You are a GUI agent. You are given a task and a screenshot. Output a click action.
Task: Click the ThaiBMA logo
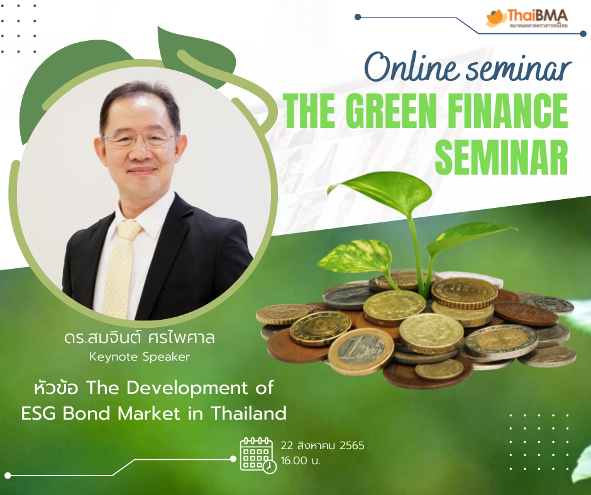[526, 18]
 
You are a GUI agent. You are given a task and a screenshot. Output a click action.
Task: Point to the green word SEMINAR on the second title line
[501, 157]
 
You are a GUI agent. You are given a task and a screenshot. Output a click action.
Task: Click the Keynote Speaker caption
[140, 357]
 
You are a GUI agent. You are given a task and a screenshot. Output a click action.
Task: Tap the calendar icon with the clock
[258, 455]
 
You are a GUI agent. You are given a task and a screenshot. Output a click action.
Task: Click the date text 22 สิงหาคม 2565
[323, 445]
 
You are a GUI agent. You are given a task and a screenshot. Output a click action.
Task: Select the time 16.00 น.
[301, 460]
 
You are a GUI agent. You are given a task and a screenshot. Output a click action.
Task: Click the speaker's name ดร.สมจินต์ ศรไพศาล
[140, 337]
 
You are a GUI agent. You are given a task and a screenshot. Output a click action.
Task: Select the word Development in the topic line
[187, 388]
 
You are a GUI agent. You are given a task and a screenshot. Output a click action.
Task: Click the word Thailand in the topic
[248, 413]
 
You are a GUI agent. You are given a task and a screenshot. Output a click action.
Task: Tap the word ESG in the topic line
[39, 413]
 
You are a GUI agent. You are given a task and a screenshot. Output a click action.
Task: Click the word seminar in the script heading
[519, 68]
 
